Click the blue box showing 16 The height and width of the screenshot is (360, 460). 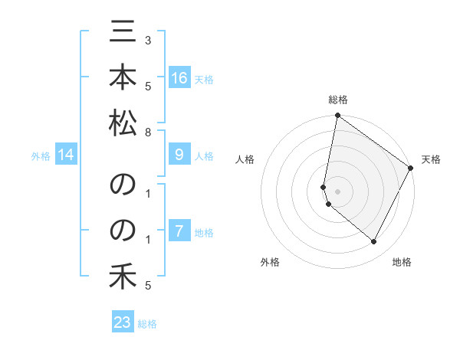pos(179,78)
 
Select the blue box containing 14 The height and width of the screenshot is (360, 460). pos(66,155)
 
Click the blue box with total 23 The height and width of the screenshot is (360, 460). pos(123,322)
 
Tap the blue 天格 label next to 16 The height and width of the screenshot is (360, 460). pos(204,79)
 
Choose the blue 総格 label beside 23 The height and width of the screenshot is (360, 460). pos(147,324)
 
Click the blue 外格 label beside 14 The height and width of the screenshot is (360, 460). pos(41,156)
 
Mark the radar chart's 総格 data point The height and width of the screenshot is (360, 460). pos(337,116)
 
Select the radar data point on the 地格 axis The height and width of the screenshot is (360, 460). pos(374,242)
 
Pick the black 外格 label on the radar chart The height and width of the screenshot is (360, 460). pos(270,263)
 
